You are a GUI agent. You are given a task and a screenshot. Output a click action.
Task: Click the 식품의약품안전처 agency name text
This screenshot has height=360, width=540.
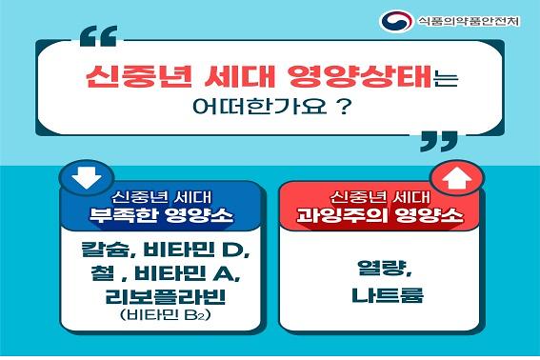(x=467, y=22)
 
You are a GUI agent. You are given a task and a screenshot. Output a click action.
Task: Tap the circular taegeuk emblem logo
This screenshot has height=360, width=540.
(x=393, y=22)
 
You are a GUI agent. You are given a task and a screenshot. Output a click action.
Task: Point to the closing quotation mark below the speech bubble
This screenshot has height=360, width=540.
(x=437, y=143)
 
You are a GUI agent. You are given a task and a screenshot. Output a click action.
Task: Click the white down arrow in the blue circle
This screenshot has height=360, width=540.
(x=80, y=175)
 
